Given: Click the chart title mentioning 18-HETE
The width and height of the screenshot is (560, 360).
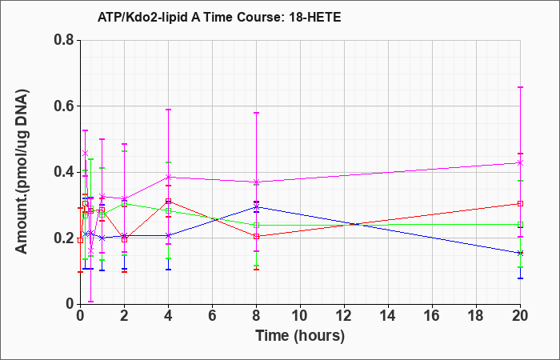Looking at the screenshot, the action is pos(219,18).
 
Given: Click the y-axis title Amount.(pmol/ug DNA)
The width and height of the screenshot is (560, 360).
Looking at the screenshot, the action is pos(22,172).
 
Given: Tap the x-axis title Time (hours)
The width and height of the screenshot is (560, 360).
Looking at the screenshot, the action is pos(300,336).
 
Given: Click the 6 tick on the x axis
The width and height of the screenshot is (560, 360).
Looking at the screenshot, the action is pos(212,316).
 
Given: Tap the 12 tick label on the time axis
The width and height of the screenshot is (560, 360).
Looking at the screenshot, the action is pos(344,316).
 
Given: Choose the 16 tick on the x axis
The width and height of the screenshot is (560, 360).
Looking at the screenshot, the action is pos(432,316).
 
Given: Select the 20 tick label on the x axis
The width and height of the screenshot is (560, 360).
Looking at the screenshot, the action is pos(520,316).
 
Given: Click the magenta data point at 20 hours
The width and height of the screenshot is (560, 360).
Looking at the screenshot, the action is pos(520,163).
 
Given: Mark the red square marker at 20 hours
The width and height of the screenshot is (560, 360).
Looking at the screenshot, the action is pos(520,203).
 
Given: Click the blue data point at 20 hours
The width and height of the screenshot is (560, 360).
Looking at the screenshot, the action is pos(520,254).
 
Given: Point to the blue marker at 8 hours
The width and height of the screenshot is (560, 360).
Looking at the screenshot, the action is pos(257,206).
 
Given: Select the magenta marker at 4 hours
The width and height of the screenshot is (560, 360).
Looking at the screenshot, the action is pos(169,177).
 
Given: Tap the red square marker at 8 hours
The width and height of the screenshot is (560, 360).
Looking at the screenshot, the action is pos(257,236).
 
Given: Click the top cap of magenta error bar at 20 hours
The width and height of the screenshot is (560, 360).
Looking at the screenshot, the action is pos(520,87).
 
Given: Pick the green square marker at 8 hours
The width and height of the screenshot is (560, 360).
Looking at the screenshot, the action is pos(257,225).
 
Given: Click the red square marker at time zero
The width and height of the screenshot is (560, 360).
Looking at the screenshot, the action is pos(81,240).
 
